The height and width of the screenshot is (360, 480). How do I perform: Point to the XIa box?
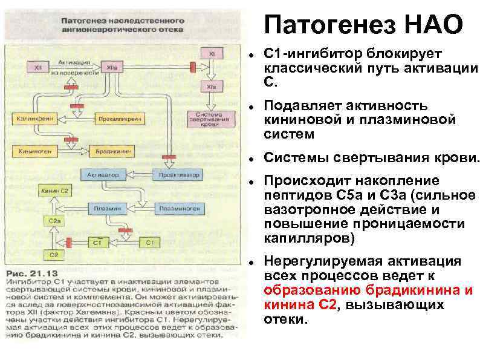(211, 87)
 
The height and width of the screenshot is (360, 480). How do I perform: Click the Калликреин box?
(34, 119)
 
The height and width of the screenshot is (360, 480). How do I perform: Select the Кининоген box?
(34, 149)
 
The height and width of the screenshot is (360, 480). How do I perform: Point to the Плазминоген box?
(176, 208)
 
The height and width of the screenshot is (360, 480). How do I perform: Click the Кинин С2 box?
(54, 191)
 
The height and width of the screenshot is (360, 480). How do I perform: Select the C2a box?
(53, 222)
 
